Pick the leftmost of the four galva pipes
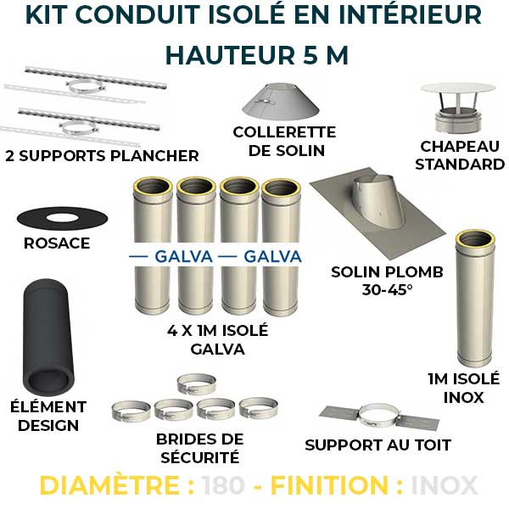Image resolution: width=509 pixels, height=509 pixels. click(x=152, y=246)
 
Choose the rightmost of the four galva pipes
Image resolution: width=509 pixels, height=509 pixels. click(x=281, y=246)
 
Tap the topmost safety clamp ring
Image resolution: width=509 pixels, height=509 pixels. click(x=196, y=384)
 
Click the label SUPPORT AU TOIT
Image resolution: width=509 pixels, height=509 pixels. click(x=378, y=445)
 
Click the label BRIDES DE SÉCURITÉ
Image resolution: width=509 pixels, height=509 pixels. click(x=199, y=449)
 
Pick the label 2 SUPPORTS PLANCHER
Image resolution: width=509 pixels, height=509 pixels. click(x=102, y=155)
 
